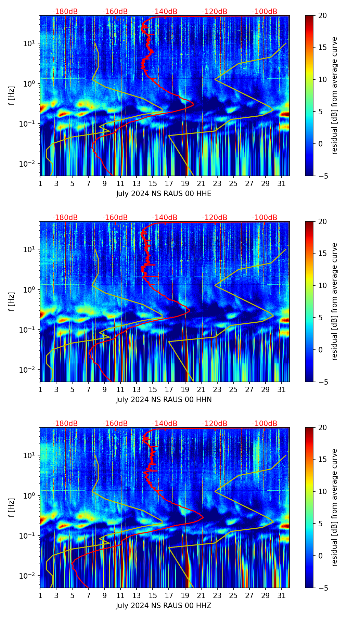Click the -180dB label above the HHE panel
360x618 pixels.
[65, 12]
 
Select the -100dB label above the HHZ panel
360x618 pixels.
[265, 424]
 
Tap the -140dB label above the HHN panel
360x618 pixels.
[165, 218]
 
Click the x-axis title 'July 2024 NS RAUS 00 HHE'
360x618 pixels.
[164, 194]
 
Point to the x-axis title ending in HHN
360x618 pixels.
[164, 400]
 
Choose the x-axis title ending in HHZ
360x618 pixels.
[164, 606]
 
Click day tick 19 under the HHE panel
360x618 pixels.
[185, 183]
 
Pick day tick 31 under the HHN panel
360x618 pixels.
[282, 389]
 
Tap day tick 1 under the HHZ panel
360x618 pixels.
[40, 595]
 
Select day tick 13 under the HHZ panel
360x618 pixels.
[137, 595]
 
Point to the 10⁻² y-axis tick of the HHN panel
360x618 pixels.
[29, 370]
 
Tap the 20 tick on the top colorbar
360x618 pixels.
[322, 15]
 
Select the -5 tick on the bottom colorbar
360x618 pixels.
[323, 588]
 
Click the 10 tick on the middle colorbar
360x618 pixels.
[322, 285]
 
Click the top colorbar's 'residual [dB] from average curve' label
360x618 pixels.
[335, 95]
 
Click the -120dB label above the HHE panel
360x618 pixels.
[215, 12]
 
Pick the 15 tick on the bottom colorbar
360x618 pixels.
[322, 460]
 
